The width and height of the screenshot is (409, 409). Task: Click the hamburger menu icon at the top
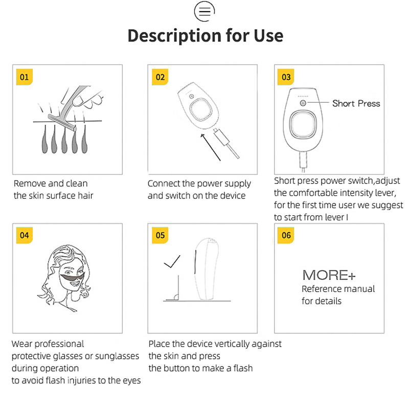[204, 11]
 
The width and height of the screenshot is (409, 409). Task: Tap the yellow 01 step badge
[24, 77]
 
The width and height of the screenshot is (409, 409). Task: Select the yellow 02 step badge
[160, 77]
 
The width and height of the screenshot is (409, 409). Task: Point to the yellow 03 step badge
[286, 77]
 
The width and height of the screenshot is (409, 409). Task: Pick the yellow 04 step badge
[24, 235]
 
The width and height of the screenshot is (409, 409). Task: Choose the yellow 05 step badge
[160, 235]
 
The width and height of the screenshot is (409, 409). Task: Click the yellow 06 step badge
[286, 235]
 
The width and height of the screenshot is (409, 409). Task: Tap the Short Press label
[356, 104]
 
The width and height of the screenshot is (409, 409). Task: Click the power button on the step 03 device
[303, 103]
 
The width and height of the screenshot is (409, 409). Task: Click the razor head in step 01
[62, 122]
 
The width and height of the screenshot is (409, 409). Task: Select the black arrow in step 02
[211, 147]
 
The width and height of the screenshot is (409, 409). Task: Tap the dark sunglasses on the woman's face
[72, 277]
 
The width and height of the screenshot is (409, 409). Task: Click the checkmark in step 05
[172, 262]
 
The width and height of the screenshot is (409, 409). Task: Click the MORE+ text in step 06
[329, 275]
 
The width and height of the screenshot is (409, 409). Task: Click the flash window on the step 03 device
[303, 124]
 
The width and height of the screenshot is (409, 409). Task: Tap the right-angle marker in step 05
[176, 297]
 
